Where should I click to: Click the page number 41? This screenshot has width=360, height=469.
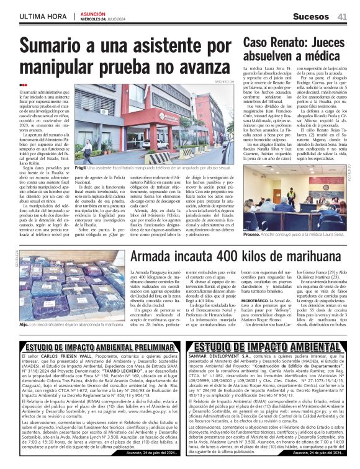(x=342, y=16)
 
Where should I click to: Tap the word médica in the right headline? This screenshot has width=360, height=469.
(x=323, y=58)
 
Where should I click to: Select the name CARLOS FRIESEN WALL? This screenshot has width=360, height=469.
(x=62, y=359)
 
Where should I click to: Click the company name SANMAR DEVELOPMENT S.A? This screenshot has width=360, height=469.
(x=218, y=359)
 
